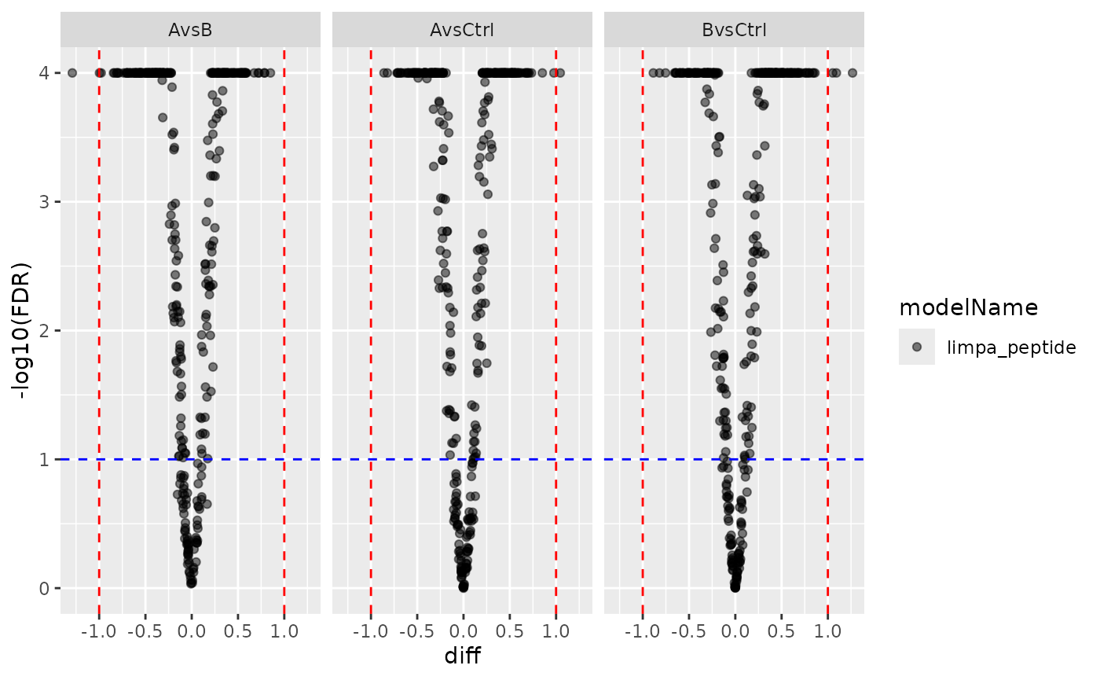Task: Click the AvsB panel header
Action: click(191, 31)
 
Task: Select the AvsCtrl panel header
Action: click(463, 31)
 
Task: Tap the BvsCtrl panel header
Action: click(734, 31)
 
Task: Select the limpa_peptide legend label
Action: click(1011, 347)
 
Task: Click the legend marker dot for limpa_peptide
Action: click(917, 347)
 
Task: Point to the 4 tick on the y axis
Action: click(46, 73)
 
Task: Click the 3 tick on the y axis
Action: click(46, 202)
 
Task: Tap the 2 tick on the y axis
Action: click(46, 330)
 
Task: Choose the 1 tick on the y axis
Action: click(46, 459)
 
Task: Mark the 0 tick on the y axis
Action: click(46, 588)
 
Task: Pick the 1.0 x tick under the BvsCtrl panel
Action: click(827, 631)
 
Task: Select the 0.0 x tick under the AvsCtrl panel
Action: click(463, 631)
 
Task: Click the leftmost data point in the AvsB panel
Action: click(72, 73)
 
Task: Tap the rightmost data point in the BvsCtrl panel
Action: click(852, 73)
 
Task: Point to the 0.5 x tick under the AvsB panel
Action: click(237, 631)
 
